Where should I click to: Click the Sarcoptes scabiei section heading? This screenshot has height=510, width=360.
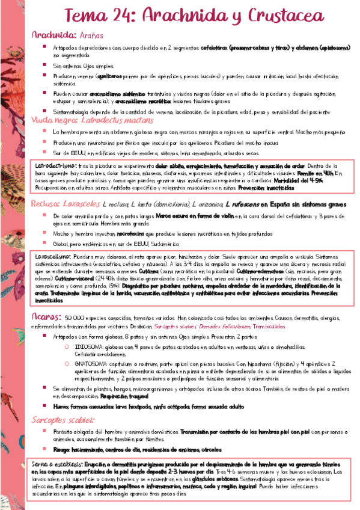click(x=63, y=419)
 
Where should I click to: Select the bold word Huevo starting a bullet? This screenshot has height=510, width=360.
click(x=61, y=406)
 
